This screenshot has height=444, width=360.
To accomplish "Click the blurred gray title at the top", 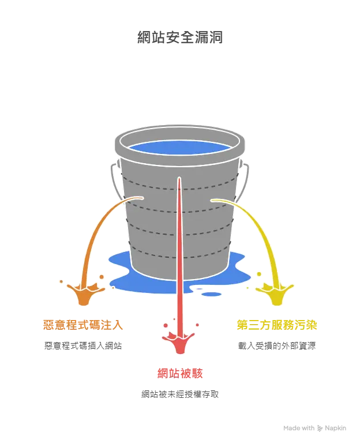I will click(179, 37).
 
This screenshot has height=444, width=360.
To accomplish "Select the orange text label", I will click(83, 325).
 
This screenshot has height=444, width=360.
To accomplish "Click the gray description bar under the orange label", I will click(83, 346).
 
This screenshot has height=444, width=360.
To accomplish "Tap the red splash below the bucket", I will click(179, 343).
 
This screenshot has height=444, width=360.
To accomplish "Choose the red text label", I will click(179, 373).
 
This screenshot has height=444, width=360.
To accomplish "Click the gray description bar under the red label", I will click(179, 394).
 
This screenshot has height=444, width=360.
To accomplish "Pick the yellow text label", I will click(276, 325).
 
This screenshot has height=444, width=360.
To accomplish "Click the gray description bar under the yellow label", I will click(276, 346).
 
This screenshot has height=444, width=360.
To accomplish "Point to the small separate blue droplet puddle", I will click(212, 295).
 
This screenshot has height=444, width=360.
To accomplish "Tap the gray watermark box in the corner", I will click(313, 429).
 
